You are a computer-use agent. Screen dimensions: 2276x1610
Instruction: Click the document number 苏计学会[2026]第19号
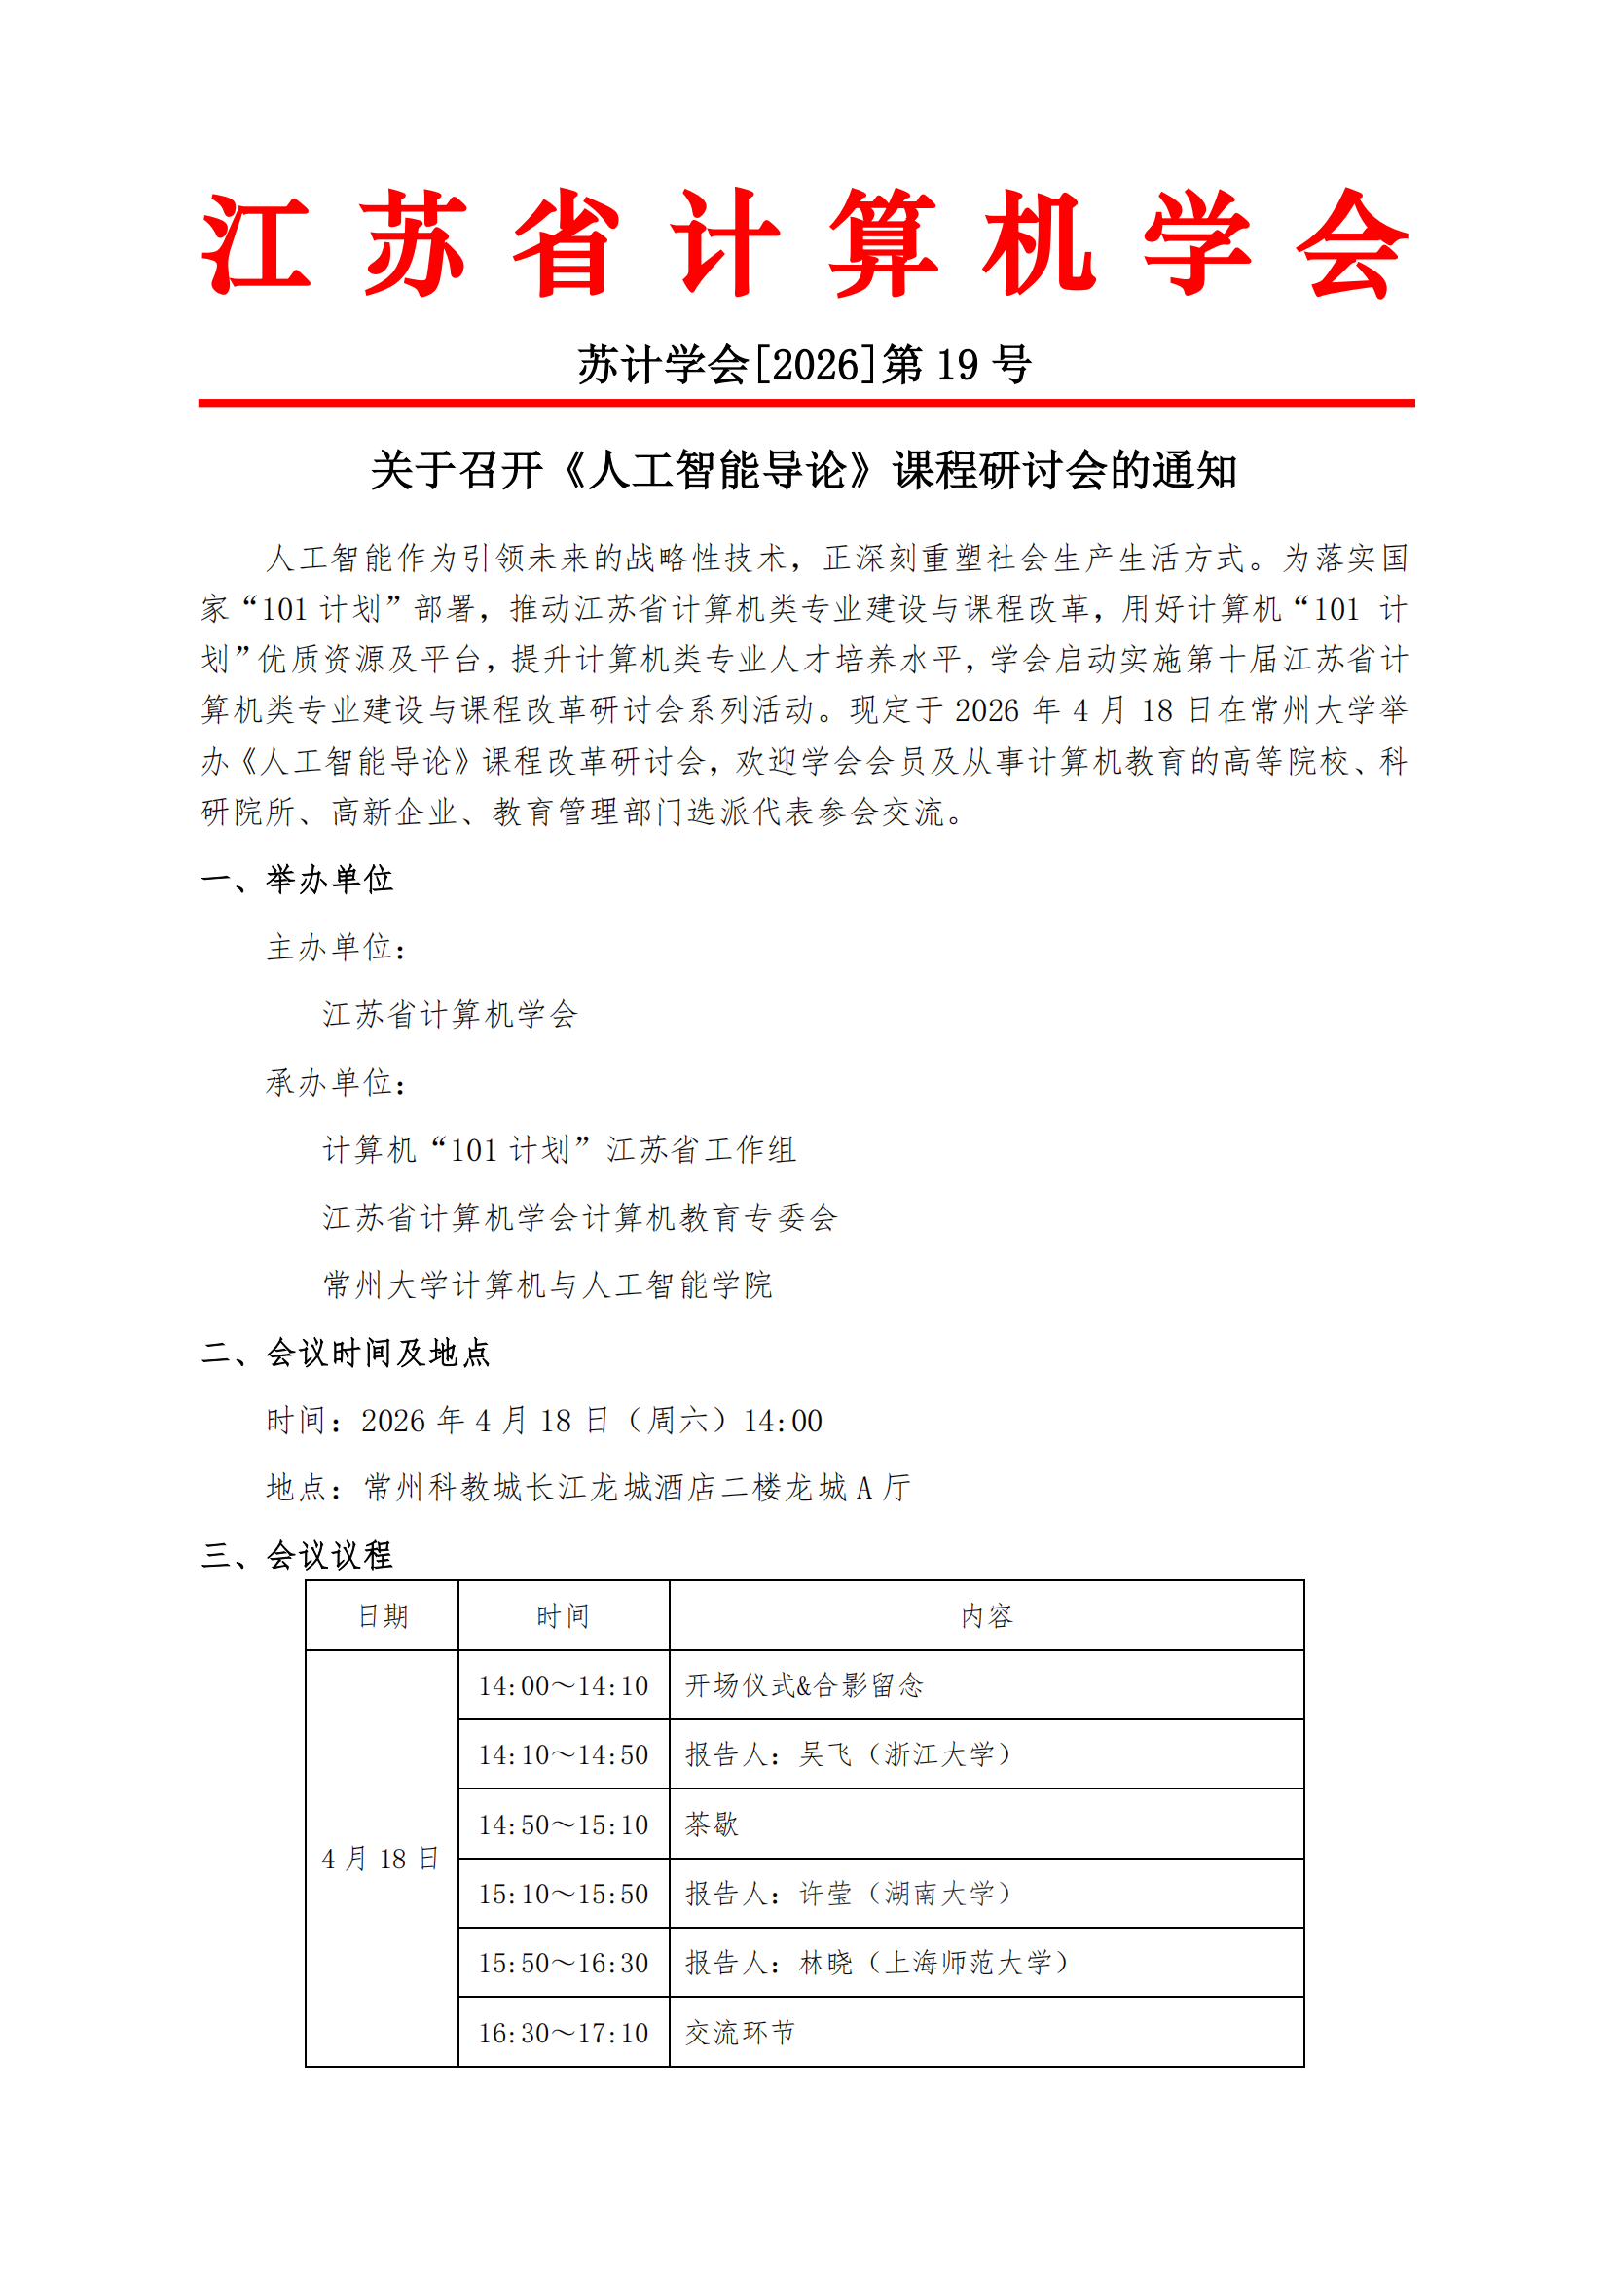(804, 365)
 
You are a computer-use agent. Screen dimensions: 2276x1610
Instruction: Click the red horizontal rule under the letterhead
(805, 404)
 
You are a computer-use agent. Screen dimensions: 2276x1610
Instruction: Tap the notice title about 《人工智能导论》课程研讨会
(804, 470)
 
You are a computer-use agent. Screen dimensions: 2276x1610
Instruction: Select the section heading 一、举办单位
(297, 880)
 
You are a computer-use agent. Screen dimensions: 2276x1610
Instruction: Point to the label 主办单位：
(336, 948)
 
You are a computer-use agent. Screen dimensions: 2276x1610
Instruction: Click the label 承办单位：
(336, 1082)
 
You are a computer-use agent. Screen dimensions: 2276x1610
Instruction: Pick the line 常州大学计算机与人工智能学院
(547, 1285)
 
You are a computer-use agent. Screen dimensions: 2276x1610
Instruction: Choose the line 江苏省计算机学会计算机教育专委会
(580, 1218)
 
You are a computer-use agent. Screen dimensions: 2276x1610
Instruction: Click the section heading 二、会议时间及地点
(345, 1354)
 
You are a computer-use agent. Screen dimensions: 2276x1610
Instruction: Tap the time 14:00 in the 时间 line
(783, 1422)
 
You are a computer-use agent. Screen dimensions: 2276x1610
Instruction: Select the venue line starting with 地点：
(588, 1488)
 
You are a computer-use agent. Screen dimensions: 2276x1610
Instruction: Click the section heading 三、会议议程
(297, 1555)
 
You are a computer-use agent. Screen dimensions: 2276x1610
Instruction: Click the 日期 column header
(383, 1617)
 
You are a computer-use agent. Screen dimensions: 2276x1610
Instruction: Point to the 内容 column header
(986, 1617)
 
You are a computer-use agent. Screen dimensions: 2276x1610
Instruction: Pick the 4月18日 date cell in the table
(381, 1859)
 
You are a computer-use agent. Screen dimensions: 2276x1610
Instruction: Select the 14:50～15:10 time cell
(563, 1824)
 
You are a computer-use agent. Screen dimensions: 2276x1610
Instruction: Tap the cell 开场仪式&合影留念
(804, 1685)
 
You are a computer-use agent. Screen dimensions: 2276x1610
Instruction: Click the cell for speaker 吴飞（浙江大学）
(849, 1754)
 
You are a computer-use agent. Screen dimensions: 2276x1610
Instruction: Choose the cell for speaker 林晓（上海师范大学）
(877, 1963)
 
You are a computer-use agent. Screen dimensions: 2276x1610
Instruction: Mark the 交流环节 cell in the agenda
(740, 2033)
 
